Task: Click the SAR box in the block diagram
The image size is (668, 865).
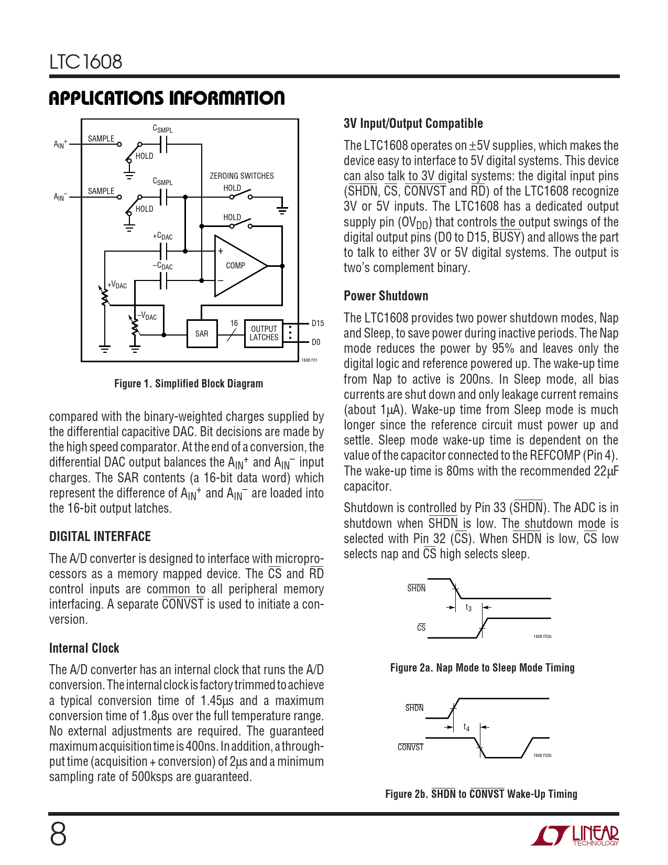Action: (x=202, y=333)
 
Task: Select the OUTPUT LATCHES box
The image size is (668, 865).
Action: (x=264, y=333)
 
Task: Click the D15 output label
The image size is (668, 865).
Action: (x=317, y=323)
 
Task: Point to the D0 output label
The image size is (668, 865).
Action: (x=316, y=342)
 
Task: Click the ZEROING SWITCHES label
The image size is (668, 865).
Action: (x=242, y=176)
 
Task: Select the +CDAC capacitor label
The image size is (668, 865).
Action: (x=162, y=236)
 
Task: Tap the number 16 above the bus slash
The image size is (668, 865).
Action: (x=234, y=323)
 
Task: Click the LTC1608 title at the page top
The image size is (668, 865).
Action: (x=86, y=62)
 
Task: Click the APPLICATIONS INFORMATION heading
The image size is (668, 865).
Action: (x=167, y=98)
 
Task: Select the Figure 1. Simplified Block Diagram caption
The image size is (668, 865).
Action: (x=189, y=384)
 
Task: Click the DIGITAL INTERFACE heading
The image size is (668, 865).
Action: (x=100, y=536)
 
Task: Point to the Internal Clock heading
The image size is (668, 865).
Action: (x=84, y=648)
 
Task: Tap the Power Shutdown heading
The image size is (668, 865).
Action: (x=386, y=296)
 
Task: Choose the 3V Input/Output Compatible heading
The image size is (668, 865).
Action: (x=413, y=124)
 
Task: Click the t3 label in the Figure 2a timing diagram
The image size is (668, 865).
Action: (x=468, y=608)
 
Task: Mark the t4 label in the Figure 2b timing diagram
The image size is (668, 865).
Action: (x=466, y=727)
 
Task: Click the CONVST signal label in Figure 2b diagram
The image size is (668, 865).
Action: (x=410, y=747)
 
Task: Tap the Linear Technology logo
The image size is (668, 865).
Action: (x=575, y=836)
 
